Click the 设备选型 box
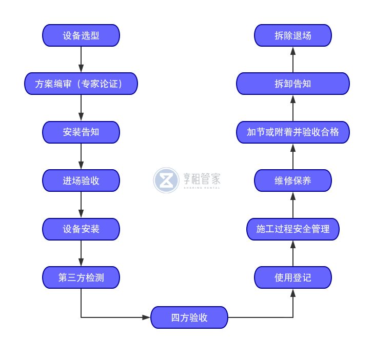[81, 35]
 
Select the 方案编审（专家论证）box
[81, 84]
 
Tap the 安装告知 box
[81, 132]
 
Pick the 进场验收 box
[81, 181]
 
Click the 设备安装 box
[81, 229]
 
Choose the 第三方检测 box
[81, 277]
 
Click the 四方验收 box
[189, 317]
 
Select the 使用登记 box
[293, 277]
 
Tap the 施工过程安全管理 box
[293, 229]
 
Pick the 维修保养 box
[293, 181]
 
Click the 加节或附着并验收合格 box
[293, 132]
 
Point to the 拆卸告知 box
[293, 84]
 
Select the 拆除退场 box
[293, 35]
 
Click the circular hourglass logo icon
[166, 180]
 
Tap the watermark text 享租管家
[202, 179]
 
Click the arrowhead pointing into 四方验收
[146, 317]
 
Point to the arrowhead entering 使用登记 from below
[293, 293]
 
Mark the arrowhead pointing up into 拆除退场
[293, 51]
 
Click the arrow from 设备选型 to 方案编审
[81, 59]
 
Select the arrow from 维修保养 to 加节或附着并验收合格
[293, 156]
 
